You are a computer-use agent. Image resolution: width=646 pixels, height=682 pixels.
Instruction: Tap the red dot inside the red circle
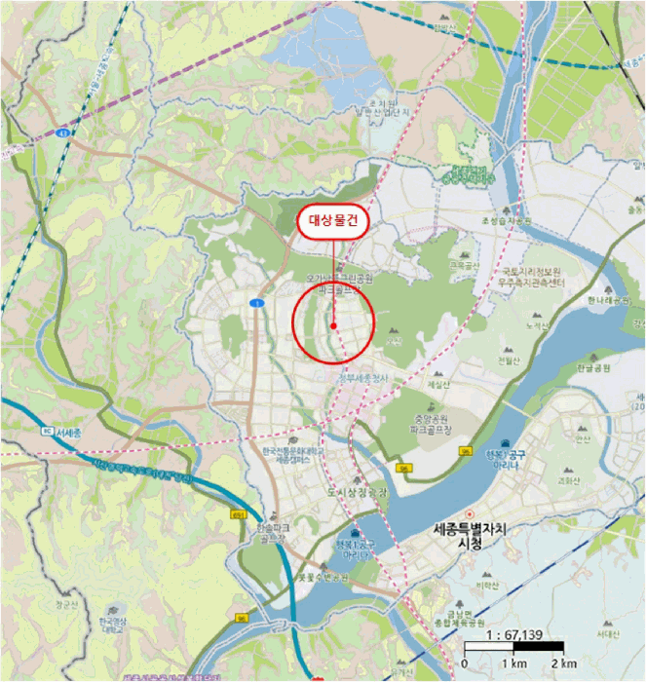tap(333, 325)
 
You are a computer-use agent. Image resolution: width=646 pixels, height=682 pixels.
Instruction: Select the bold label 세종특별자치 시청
tap(469, 537)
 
